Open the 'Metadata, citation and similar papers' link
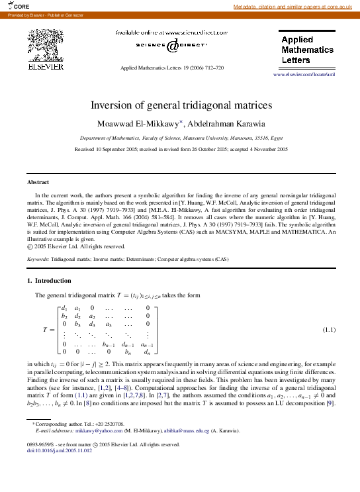click(295, 7)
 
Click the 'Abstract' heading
click(38, 182)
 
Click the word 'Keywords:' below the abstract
click(38, 260)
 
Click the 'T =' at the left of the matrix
click(48, 329)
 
